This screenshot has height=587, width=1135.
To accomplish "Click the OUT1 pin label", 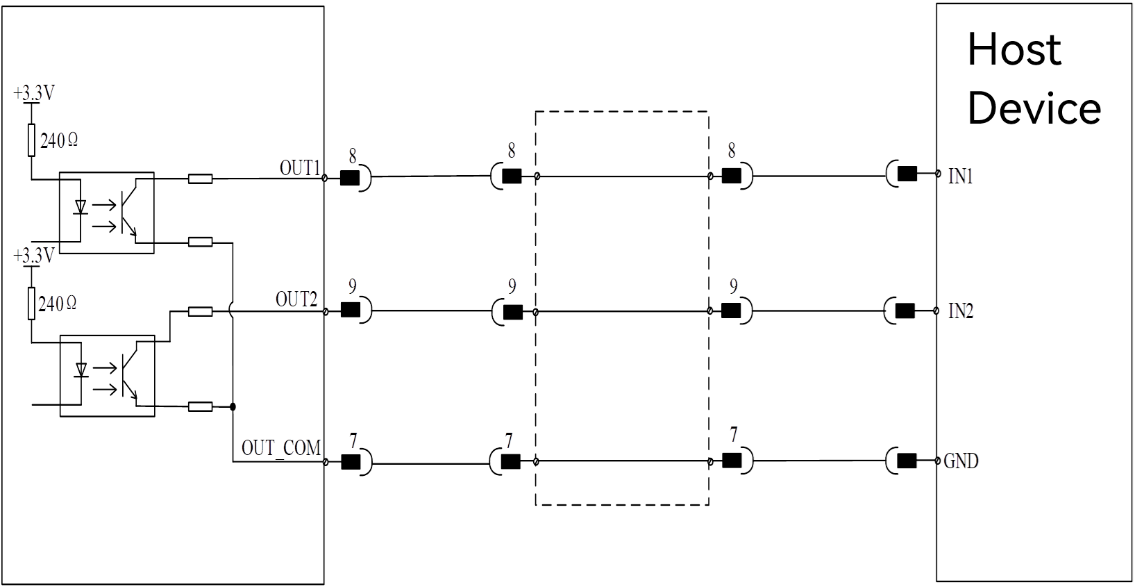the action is [300, 168].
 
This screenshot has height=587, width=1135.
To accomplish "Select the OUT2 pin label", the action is [296, 299].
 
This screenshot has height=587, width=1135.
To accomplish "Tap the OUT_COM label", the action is [281, 448].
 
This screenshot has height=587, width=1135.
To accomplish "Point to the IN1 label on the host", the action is [960, 176].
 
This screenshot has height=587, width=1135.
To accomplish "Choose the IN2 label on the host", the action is [961, 311].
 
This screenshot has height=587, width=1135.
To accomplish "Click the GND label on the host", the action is [961, 461].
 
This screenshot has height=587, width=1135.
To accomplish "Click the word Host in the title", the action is [1014, 49].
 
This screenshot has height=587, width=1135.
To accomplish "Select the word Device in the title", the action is [1034, 108].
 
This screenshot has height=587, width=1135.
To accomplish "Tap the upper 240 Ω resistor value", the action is [59, 140].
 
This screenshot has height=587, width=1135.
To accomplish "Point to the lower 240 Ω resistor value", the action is [57, 304].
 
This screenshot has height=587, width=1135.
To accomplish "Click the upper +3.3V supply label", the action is [34, 93].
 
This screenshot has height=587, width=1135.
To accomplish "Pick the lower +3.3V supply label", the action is [34, 256].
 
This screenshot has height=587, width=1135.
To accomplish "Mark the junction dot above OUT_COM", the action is [233, 406].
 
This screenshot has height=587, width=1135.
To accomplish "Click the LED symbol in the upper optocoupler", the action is [80, 207].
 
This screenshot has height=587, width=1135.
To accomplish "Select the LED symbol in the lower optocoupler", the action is [81, 370].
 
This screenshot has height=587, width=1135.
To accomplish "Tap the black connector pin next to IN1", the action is [907, 174].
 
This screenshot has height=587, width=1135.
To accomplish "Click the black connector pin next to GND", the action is [907, 461].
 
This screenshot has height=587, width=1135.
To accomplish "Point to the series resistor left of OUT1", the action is [200, 179].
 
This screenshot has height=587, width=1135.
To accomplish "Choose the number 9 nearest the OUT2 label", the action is [352, 286].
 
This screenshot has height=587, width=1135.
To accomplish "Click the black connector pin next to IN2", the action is [905, 311].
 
